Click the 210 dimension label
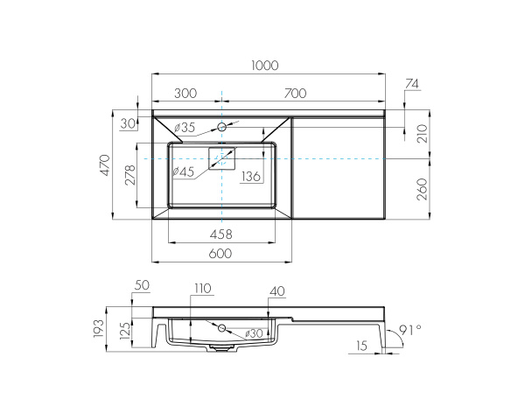click(423, 134)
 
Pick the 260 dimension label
click(423, 186)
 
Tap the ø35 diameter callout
click(185, 129)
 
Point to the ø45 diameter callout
click(184, 171)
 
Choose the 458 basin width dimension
click(220, 234)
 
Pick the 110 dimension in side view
click(203, 288)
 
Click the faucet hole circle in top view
click(222, 128)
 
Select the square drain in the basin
click(221, 159)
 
